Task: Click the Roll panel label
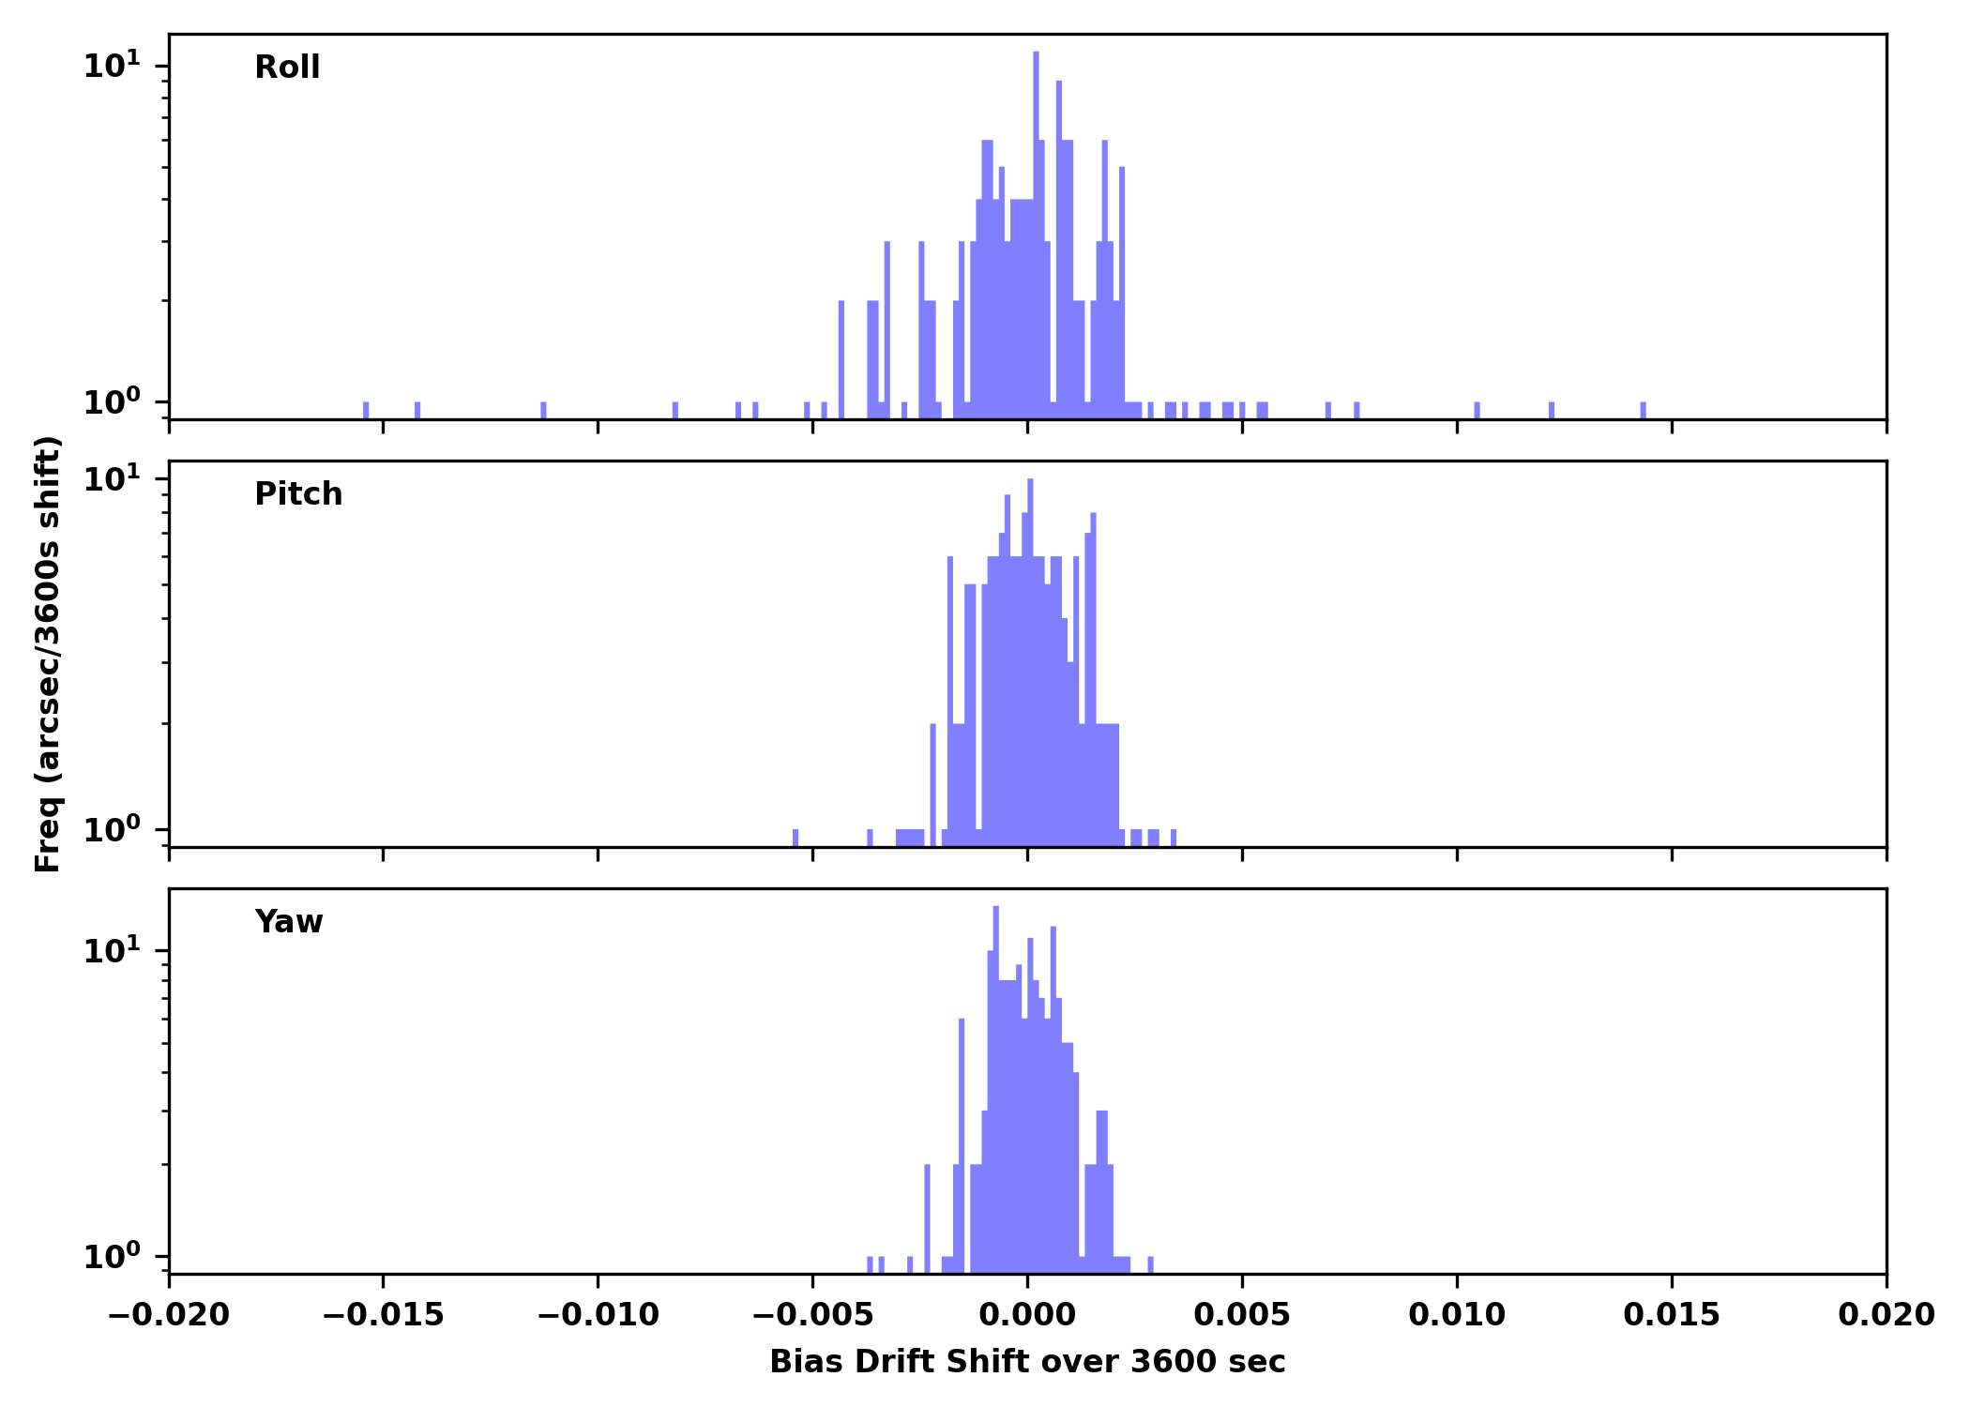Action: (287, 68)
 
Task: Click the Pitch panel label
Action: (298, 494)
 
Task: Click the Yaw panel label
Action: (289, 922)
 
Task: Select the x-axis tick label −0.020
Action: (169, 1315)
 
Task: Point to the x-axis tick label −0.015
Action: (383, 1315)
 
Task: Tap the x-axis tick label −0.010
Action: (598, 1315)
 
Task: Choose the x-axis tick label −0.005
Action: (812, 1315)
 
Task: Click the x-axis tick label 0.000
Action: (1027, 1315)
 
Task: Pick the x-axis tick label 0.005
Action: (1242, 1315)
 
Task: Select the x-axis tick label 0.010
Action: (1457, 1315)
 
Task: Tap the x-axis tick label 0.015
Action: (1672, 1315)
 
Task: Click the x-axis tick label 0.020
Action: (1887, 1315)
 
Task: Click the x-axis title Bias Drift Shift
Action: (1027, 1362)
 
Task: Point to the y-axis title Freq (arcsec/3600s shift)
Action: (48, 654)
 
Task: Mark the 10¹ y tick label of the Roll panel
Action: (112, 66)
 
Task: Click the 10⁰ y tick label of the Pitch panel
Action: (112, 829)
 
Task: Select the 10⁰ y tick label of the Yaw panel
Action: (112, 1256)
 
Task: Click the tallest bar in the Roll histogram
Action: (1036, 234)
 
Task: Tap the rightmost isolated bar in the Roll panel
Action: (1643, 411)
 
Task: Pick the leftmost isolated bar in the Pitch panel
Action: (796, 838)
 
